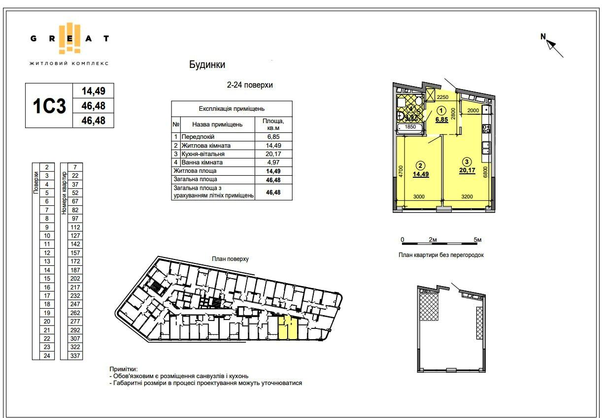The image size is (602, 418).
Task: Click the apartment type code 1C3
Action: click(x=49, y=106)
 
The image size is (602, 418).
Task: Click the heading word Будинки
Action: click(x=207, y=64)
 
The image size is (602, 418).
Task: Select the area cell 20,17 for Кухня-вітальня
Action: click(x=273, y=154)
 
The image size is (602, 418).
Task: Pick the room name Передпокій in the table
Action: click(x=198, y=137)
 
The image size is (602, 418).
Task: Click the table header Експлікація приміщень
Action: click(x=232, y=109)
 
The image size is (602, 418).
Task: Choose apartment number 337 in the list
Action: click(x=75, y=355)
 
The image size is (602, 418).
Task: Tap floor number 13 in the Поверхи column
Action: click(x=47, y=261)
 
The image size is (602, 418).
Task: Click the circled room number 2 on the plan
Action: click(x=420, y=166)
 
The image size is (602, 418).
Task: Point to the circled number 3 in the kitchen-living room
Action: click(x=467, y=161)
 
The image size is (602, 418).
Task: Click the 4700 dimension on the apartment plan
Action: click(x=401, y=171)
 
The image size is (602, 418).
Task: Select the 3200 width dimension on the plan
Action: click(x=467, y=196)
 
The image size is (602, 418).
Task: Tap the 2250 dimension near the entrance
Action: click(x=442, y=97)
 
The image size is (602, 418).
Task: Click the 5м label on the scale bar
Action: click(x=477, y=240)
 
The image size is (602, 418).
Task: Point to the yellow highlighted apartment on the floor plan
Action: click(x=288, y=327)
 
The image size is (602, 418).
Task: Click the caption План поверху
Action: click(x=231, y=259)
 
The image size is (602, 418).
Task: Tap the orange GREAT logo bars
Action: click(x=69, y=38)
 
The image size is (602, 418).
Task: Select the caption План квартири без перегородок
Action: click(x=441, y=255)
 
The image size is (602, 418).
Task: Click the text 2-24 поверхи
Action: click(x=250, y=85)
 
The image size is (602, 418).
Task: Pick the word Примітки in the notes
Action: click(x=123, y=369)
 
